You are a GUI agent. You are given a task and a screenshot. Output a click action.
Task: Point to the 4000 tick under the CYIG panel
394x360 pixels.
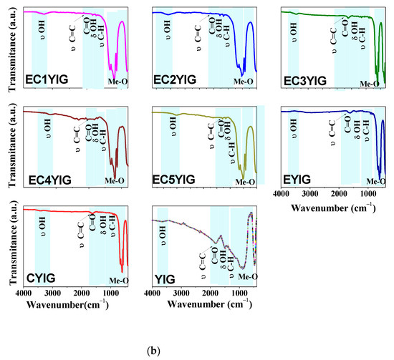click(x=23, y=293)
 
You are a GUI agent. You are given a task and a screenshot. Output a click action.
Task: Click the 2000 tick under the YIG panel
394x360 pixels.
click(x=210, y=293)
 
